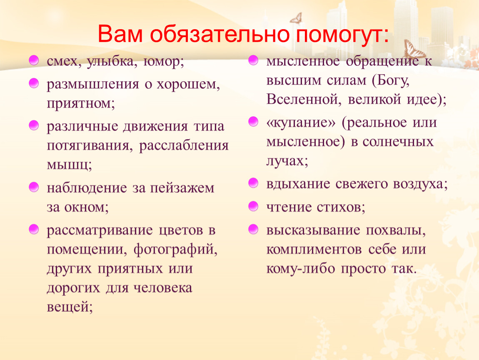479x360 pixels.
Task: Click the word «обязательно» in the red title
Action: pyautogui.click(x=220, y=34)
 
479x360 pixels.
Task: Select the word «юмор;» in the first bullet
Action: pyautogui.click(x=164, y=62)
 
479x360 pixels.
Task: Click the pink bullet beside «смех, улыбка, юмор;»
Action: pyautogui.click(x=34, y=60)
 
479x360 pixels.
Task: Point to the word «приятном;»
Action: pyautogui.click(x=81, y=104)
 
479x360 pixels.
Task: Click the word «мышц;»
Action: pyautogui.click(x=69, y=165)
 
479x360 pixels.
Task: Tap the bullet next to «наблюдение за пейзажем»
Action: pyautogui.click(x=34, y=187)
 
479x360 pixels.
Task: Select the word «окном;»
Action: pyautogui.click(x=87, y=207)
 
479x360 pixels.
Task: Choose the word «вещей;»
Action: pyautogui.click(x=70, y=307)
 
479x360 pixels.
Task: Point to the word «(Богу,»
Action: pyautogui.click(x=391, y=81)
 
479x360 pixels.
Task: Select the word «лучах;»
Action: pyautogui.click(x=287, y=161)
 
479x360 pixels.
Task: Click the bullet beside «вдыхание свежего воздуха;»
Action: pyautogui.click(x=253, y=183)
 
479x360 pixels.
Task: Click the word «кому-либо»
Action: pyautogui.click(x=301, y=269)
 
